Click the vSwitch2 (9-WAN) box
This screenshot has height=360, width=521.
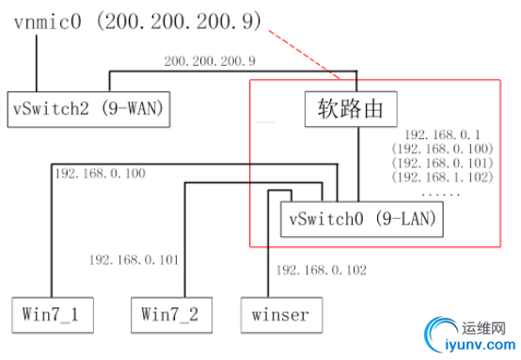click(85, 109)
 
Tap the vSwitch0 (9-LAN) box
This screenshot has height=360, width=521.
click(362, 222)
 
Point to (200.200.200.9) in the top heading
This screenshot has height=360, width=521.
click(185, 21)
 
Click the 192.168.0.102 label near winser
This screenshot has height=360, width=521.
click(319, 270)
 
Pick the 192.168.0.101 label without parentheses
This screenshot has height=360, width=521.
click(133, 258)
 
